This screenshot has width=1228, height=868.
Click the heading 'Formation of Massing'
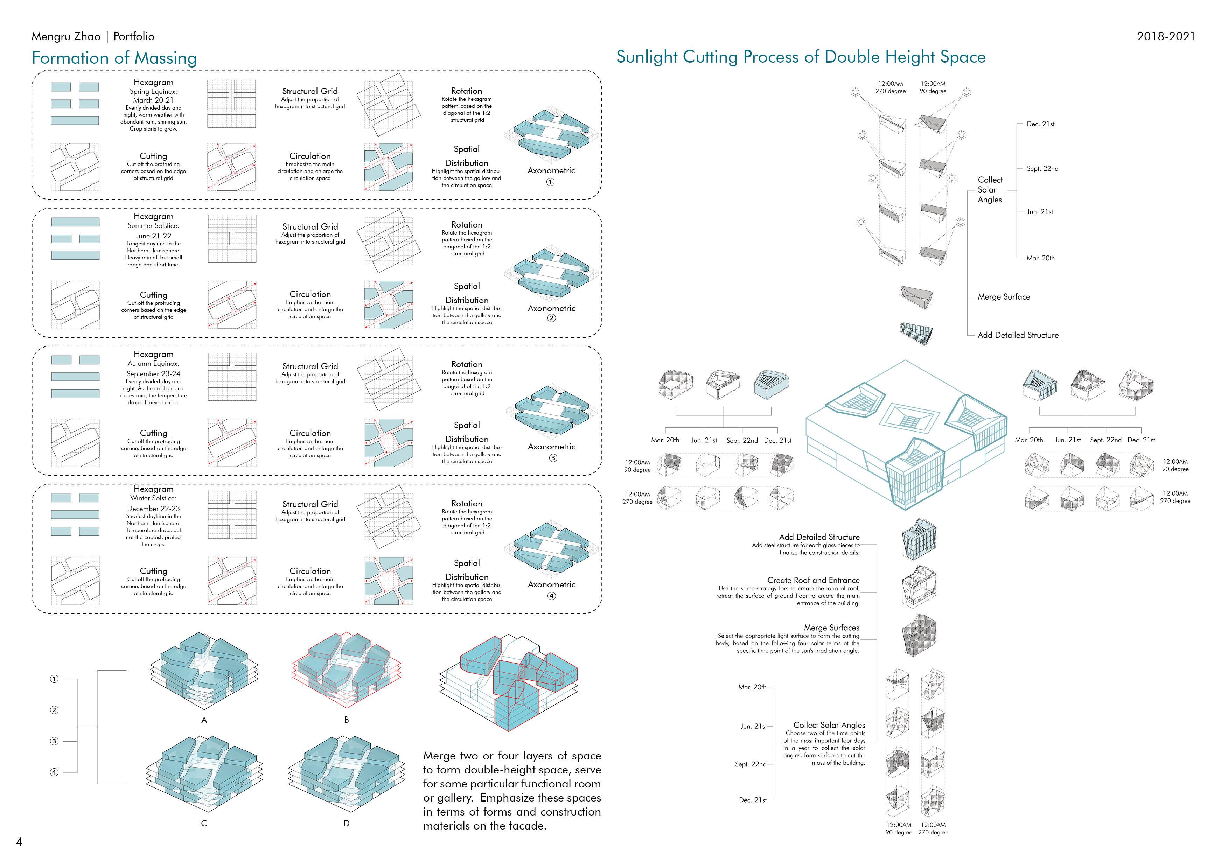114,58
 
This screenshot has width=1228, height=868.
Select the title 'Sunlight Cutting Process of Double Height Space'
801,57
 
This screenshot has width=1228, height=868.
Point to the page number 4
19,842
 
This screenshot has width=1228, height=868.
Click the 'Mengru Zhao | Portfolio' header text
92,36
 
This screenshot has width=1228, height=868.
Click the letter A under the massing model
204,720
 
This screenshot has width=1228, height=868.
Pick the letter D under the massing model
347,824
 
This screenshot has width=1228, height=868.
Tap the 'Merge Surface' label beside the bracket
1003,297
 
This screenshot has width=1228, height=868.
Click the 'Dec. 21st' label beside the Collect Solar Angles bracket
1040,124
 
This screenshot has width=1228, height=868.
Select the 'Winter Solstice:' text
153,498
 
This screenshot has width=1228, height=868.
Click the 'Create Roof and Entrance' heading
813,580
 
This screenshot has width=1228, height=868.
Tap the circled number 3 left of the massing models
54,741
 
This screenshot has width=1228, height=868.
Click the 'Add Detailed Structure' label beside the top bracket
1018,335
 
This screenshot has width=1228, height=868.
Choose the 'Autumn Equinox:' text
153,364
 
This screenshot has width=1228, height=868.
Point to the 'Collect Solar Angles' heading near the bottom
829,725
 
